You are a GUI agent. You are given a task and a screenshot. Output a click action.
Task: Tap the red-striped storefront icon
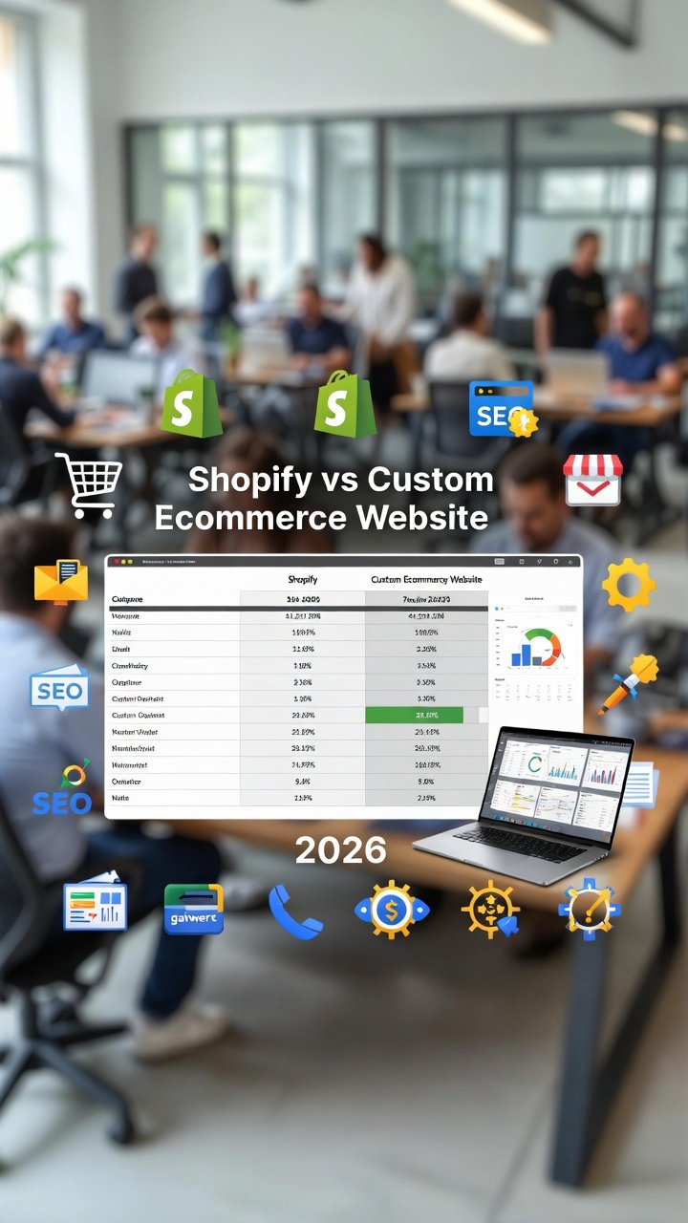pyautogui.click(x=592, y=479)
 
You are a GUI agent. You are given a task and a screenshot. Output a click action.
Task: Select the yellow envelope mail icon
pyautogui.click(x=60, y=581)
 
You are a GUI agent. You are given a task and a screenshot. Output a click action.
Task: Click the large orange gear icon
pyautogui.click(x=628, y=585)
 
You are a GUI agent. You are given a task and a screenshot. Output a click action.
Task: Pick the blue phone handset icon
pyautogui.click(x=295, y=911)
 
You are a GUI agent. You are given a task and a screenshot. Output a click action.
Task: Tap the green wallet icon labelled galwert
pyautogui.click(x=193, y=909)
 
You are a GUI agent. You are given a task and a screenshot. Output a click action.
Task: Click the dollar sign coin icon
pyautogui.click(x=391, y=909)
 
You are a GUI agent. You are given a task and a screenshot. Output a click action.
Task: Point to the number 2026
pyautogui.click(x=341, y=850)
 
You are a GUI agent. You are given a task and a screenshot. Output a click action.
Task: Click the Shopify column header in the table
pyautogui.click(x=302, y=579)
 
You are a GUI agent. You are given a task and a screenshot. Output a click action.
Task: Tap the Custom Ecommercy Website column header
pyautogui.click(x=426, y=579)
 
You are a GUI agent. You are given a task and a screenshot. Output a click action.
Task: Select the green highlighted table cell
pyautogui.click(x=414, y=715)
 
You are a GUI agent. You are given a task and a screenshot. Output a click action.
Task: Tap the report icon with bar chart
pyautogui.click(x=95, y=906)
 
